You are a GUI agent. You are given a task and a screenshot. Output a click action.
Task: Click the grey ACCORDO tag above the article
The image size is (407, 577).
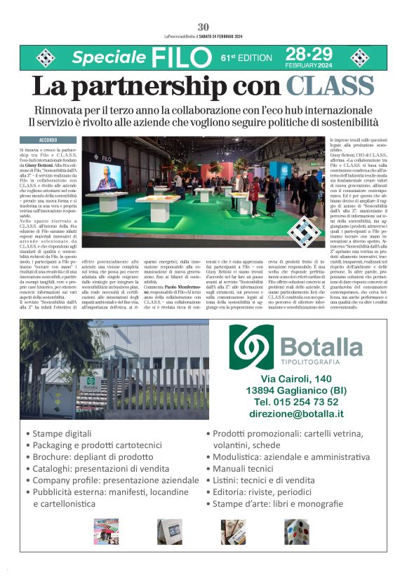pyautogui.click(x=48, y=140)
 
